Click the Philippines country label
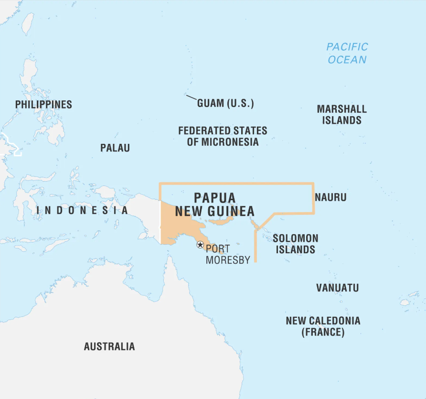[x=43, y=104]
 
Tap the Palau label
[x=115, y=148]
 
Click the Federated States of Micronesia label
[x=223, y=136]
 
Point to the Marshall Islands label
[x=341, y=115]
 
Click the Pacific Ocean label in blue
[x=347, y=53]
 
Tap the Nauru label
[x=330, y=197]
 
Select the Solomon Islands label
[x=295, y=244]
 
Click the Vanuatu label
[x=337, y=288]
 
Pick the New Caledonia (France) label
[x=323, y=326]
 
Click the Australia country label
[x=109, y=346]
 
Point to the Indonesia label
[x=83, y=210]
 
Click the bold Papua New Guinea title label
[x=214, y=205]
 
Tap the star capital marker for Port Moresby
[x=200, y=245]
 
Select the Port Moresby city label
[x=227, y=254]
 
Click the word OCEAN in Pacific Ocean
[x=347, y=60]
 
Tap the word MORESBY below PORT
[x=228, y=260]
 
